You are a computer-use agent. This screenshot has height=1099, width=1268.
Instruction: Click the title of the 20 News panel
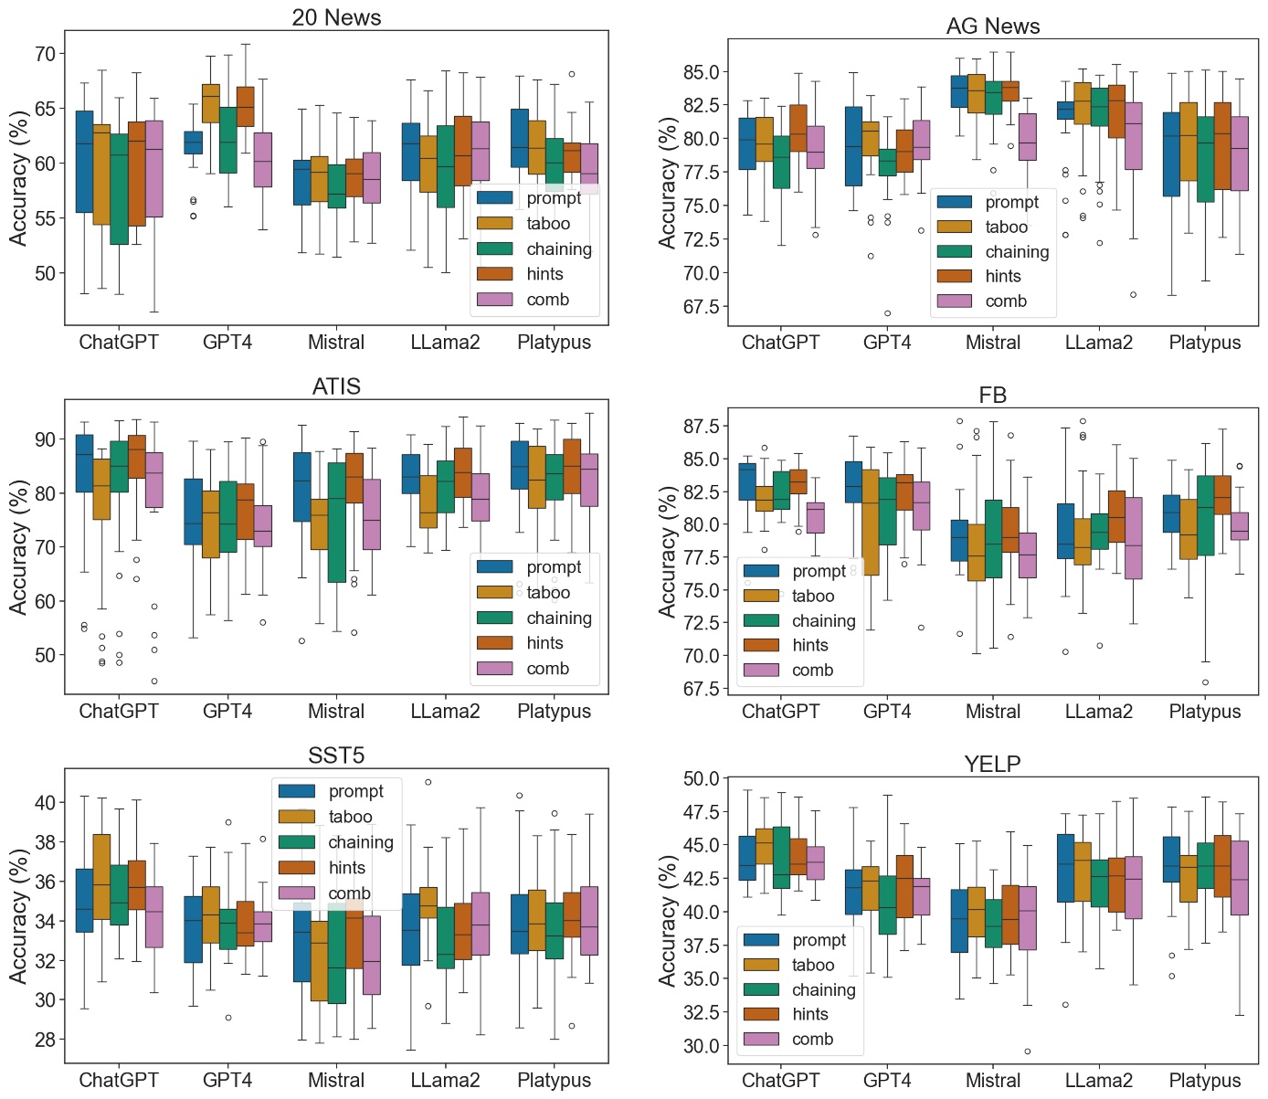pos(336,17)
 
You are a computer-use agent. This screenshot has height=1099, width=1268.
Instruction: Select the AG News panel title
pos(992,26)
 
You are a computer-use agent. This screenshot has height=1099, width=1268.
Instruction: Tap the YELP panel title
pos(992,765)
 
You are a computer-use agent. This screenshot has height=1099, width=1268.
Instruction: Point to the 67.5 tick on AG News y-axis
pos(701,307)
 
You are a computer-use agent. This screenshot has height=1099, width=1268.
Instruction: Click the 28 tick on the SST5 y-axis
pos(44,1040)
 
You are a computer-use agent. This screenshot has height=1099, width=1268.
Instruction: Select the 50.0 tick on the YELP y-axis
pos(701,779)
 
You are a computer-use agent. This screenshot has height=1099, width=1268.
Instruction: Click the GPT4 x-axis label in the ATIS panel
pos(227,711)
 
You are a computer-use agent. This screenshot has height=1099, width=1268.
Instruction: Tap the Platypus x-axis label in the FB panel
pos(1204,711)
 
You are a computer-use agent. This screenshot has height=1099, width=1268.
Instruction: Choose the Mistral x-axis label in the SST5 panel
pos(335,1080)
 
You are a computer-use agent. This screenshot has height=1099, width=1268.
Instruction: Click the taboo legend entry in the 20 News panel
pos(547,224)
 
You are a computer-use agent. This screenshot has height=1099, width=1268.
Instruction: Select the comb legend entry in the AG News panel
pos(1005,301)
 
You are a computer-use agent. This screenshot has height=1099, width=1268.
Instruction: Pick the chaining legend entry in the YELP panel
pos(823,990)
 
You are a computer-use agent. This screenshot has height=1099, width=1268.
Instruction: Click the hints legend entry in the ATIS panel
pos(544,643)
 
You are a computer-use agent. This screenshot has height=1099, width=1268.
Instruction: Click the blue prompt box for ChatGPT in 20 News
pos(84,162)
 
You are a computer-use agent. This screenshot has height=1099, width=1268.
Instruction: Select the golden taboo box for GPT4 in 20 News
pos(210,103)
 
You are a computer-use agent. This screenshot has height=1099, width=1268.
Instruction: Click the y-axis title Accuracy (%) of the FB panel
pos(668,551)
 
